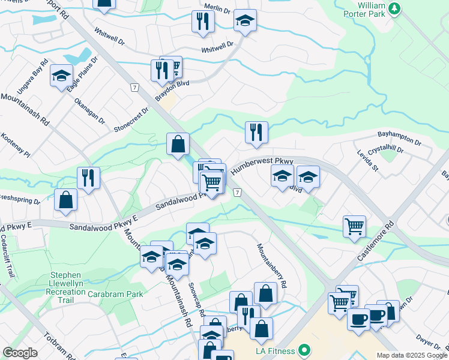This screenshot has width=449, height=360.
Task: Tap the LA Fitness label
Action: (x=275, y=350)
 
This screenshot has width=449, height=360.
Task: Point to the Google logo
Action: (x=20, y=353)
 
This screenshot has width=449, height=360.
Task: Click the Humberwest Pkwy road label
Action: (x=262, y=166)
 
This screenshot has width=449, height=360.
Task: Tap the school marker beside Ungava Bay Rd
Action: (x=61, y=76)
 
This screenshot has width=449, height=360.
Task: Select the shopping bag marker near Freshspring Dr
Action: (x=65, y=200)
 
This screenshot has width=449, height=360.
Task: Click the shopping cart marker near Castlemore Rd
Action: (x=354, y=226)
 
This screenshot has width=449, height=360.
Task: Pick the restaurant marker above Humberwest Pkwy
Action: (x=256, y=132)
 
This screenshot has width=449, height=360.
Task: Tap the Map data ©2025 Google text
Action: (x=412, y=355)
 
